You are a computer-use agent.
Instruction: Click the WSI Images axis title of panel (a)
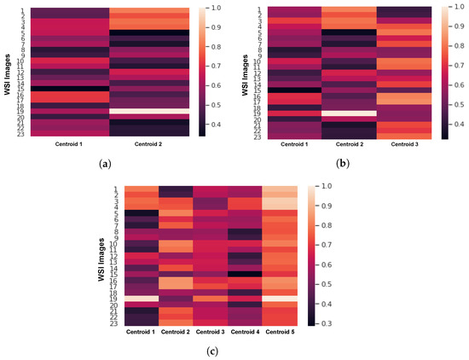tap(7, 72)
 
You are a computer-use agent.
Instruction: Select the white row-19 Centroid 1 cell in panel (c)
tap(140, 299)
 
